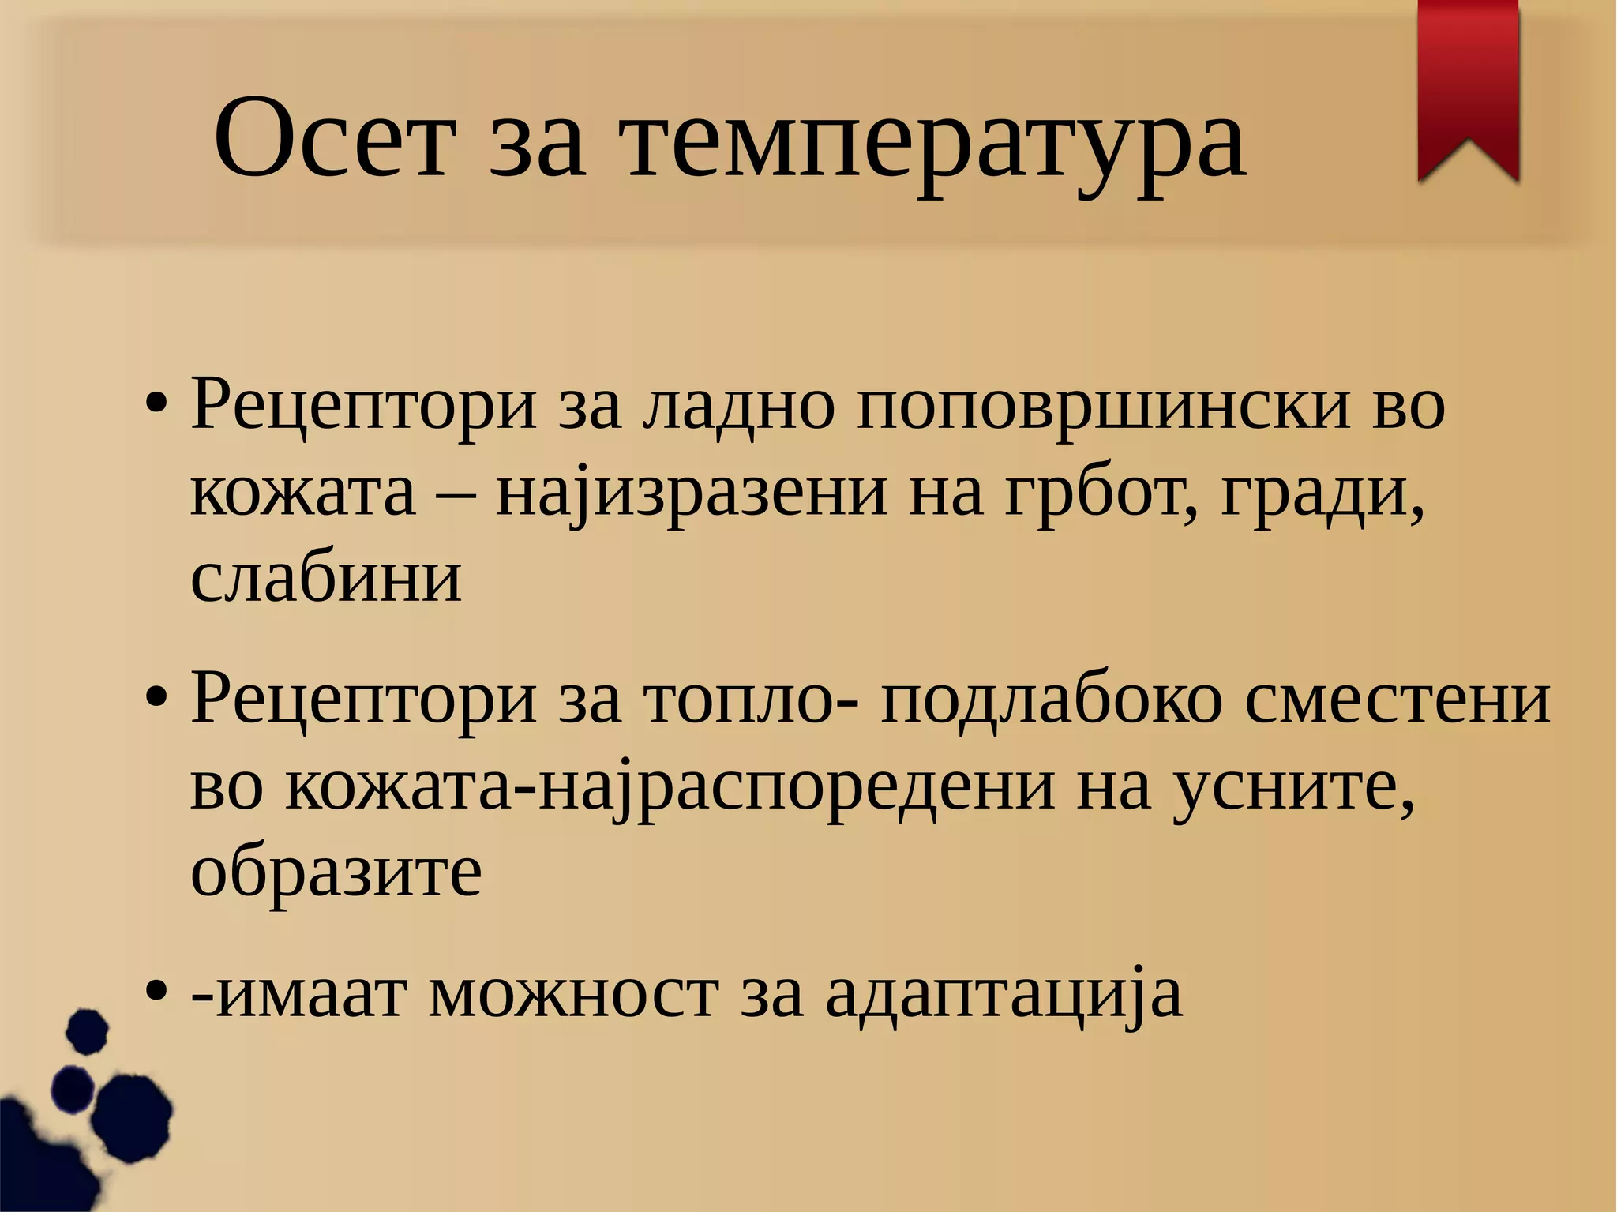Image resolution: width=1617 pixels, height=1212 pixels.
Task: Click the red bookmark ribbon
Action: [x=1469, y=87]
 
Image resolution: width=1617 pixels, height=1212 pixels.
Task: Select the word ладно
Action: [x=737, y=407]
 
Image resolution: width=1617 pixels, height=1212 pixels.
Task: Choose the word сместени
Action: [x=1398, y=700]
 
